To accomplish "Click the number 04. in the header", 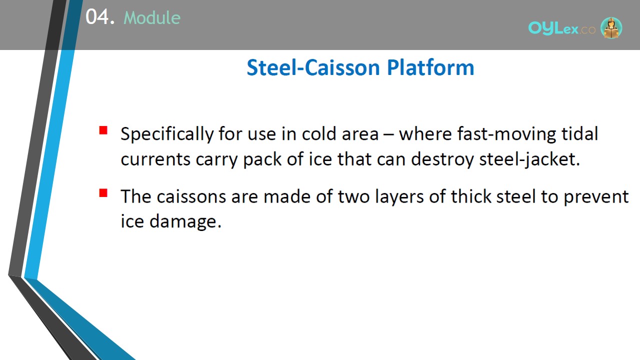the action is pos(100,17).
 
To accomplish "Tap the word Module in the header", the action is pos(152,17).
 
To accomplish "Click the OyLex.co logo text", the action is pos(561,28).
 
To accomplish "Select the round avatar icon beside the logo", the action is pos(611,27).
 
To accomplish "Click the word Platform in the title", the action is pos(430,67).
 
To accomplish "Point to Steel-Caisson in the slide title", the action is pos(313,67).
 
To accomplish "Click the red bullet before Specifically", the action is pos(103,130).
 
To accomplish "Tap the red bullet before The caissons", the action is pos(103,193).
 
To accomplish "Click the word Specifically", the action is pos(167,134).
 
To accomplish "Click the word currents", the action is pos(155,159).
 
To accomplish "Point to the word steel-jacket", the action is pos(529,159).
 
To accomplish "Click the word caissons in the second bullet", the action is pos(191,196).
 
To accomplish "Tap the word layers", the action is pos(399,197).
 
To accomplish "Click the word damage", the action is pos(185,222).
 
